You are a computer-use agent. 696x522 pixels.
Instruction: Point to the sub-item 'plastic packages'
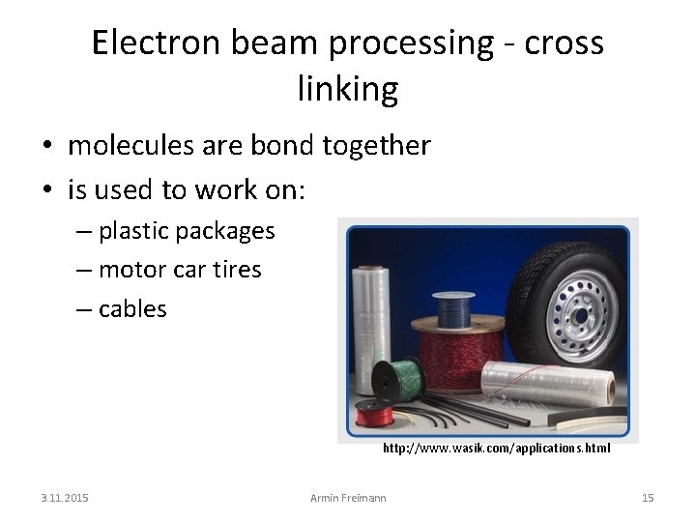pos(187,231)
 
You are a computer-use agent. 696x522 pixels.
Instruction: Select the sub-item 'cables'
pos(132,308)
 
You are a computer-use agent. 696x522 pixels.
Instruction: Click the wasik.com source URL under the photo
pos(496,449)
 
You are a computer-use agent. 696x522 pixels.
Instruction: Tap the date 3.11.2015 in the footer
pos(65,498)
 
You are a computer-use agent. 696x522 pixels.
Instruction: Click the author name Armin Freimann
pos(347,498)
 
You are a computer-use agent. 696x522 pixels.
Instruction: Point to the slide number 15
pos(648,498)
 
